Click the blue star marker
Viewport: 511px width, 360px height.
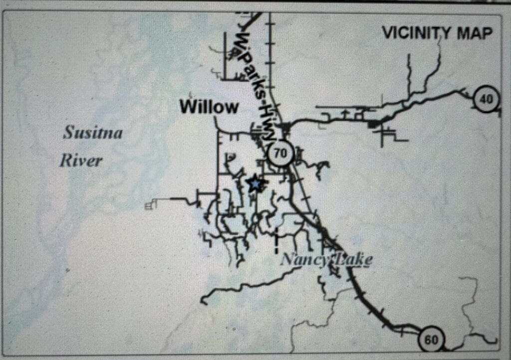[255, 184]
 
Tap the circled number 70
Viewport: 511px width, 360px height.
[280, 153]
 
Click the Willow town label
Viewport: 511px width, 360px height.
[209, 107]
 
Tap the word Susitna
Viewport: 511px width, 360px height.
[93, 133]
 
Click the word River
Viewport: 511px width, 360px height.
[81, 161]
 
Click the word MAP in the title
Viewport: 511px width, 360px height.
[474, 33]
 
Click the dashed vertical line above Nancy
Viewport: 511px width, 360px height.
[276, 240]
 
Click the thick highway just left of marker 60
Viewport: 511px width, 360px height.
[407, 329]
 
